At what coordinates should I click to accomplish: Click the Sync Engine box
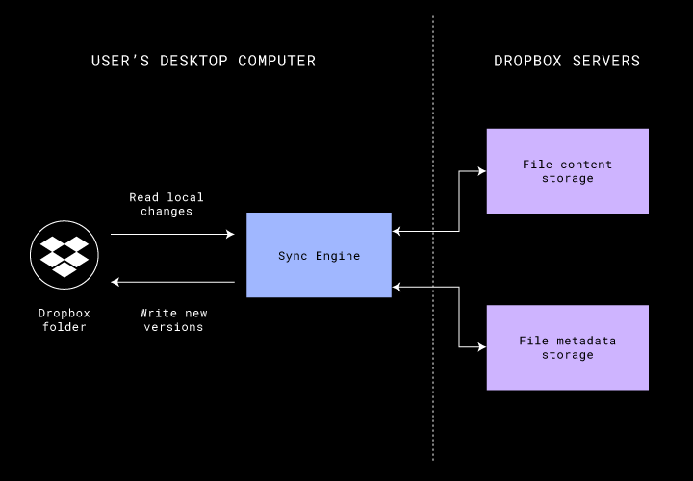coord(319,255)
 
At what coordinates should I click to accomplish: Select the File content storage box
coord(567,170)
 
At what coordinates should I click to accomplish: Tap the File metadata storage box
coord(567,347)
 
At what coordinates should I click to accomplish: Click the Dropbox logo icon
coord(64,250)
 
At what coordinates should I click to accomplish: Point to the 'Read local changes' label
coord(167,204)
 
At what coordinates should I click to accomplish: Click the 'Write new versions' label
coord(173,319)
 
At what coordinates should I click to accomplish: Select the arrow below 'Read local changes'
coord(173,234)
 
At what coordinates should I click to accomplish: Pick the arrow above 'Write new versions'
coord(173,282)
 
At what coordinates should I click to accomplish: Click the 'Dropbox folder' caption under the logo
coord(64,319)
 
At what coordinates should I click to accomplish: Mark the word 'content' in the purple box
coord(587,165)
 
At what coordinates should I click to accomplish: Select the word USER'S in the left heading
coord(116,62)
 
